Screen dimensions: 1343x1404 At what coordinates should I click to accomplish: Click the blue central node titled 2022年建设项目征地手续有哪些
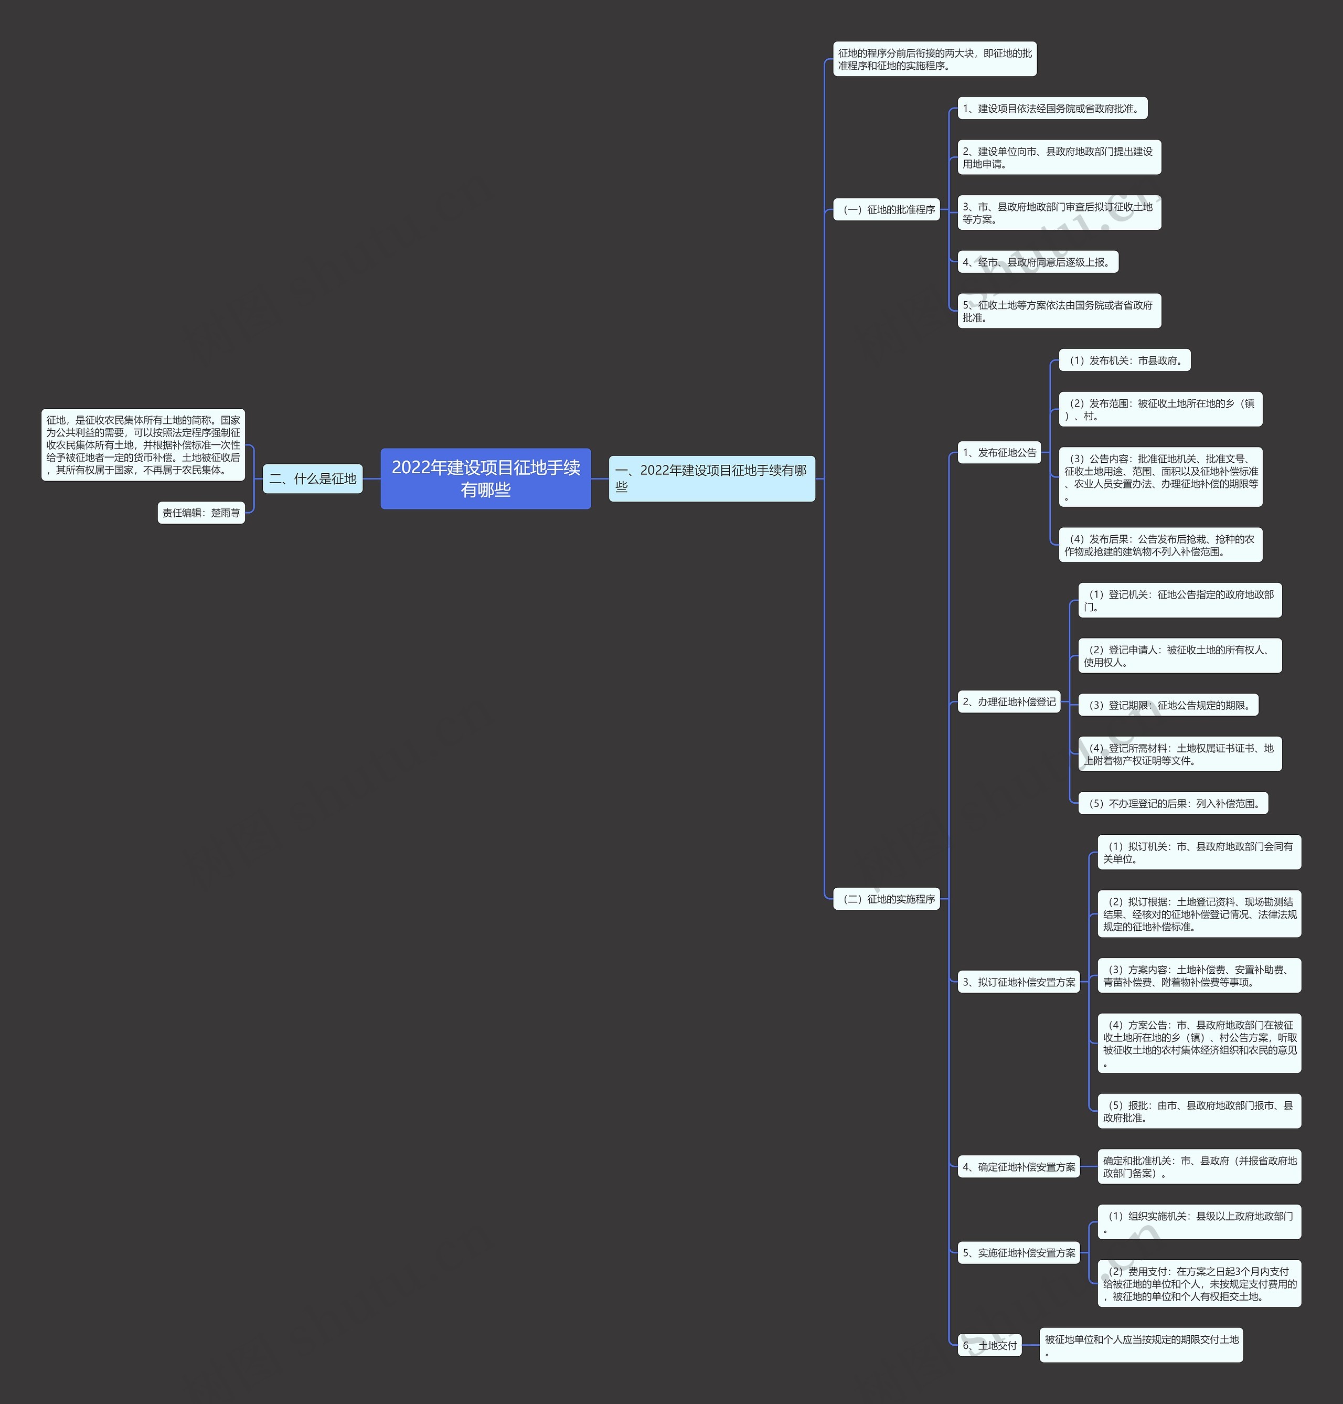click(485, 478)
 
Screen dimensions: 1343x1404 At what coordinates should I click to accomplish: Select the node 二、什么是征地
click(313, 478)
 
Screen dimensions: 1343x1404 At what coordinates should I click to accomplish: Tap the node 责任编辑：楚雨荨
click(201, 513)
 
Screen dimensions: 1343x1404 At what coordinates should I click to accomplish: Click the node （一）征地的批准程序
click(886, 209)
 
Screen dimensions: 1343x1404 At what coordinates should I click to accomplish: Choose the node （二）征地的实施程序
click(886, 899)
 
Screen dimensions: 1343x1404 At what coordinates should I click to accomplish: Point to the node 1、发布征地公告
click(999, 452)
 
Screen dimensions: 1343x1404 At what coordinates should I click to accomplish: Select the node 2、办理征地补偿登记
click(1009, 701)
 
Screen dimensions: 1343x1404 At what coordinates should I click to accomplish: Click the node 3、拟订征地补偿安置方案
click(1019, 982)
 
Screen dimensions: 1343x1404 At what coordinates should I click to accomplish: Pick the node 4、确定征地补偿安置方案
click(1019, 1166)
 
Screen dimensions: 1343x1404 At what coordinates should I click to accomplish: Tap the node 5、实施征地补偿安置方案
click(1019, 1252)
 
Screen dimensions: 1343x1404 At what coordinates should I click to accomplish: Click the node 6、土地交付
click(990, 1345)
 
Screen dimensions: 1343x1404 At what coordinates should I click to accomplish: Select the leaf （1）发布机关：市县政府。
click(1125, 360)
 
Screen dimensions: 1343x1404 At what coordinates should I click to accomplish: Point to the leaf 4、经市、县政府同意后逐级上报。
click(1038, 262)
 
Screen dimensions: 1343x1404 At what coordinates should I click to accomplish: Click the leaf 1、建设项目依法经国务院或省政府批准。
click(1052, 108)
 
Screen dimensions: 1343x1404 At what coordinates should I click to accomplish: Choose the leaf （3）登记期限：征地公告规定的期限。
click(1168, 705)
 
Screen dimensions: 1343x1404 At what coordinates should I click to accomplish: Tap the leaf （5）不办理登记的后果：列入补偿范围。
click(1174, 803)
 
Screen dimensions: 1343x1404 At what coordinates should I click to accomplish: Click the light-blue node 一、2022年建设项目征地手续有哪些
click(711, 478)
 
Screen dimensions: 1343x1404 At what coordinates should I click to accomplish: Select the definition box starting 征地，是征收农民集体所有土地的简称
click(143, 444)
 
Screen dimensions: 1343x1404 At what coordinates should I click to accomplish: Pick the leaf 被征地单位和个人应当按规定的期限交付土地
click(1141, 1345)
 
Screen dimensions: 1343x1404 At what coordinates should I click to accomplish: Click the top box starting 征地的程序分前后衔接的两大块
click(934, 59)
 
